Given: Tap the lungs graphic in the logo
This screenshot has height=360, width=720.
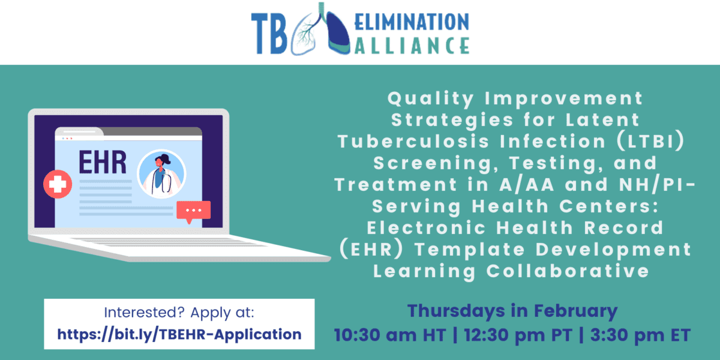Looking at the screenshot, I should coord(318,30).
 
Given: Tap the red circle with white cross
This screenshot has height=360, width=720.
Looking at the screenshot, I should coord(58,184).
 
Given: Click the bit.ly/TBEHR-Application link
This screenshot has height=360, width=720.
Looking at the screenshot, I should coord(179,334).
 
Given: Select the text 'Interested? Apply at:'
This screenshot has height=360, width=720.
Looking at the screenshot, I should coord(179,313).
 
